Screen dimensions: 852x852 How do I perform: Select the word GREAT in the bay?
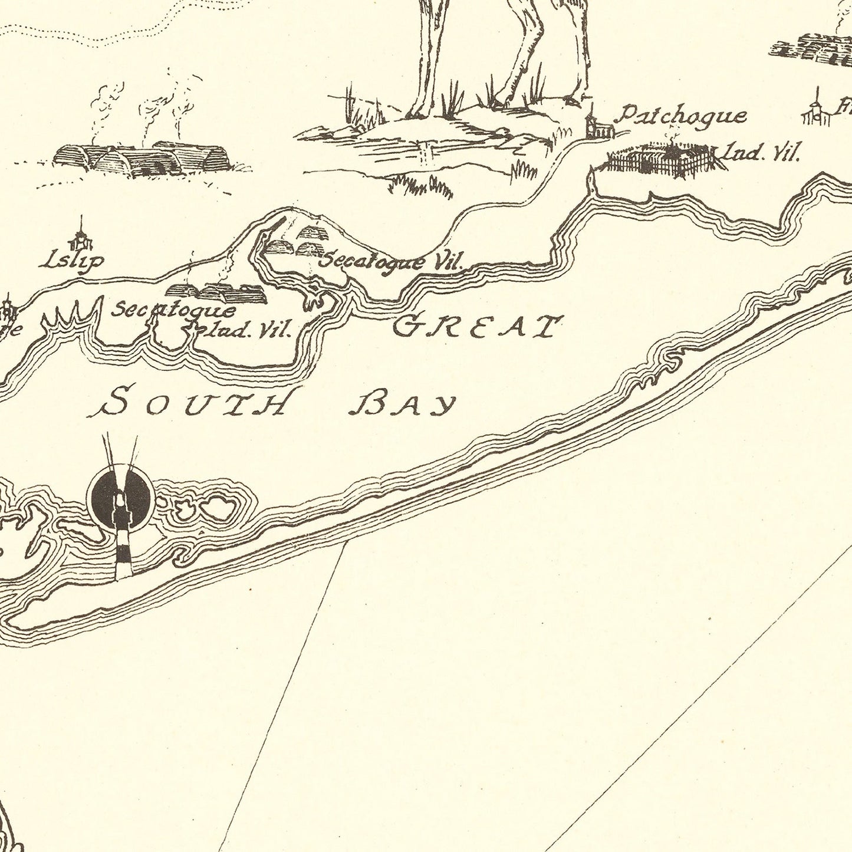[475, 327]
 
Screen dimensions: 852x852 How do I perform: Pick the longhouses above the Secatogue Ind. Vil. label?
[216, 291]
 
